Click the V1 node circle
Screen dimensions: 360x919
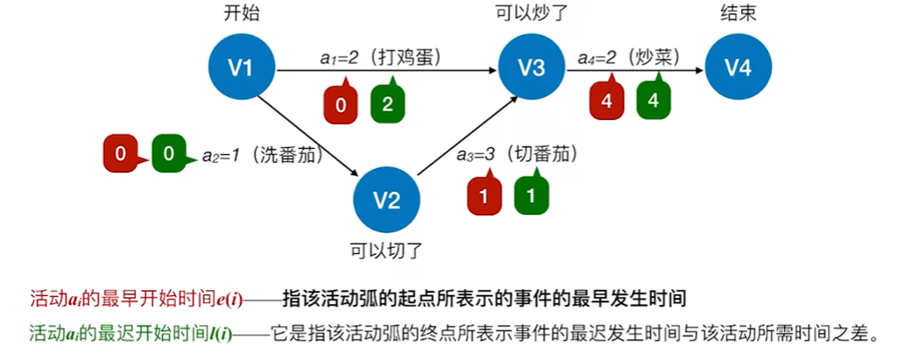click(242, 67)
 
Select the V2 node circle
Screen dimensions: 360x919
click(387, 200)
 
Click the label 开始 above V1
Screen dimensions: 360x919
click(242, 14)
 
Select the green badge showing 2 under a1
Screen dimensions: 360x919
click(387, 103)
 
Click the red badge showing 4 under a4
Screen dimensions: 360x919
click(605, 100)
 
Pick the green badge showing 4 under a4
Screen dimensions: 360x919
click(653, 100)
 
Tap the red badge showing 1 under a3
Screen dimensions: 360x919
click(484, 196)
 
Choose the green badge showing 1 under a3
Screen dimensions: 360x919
click(531, 196)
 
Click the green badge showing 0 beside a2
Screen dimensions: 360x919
click(168, 155)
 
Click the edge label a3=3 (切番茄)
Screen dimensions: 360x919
click(517, 154)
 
